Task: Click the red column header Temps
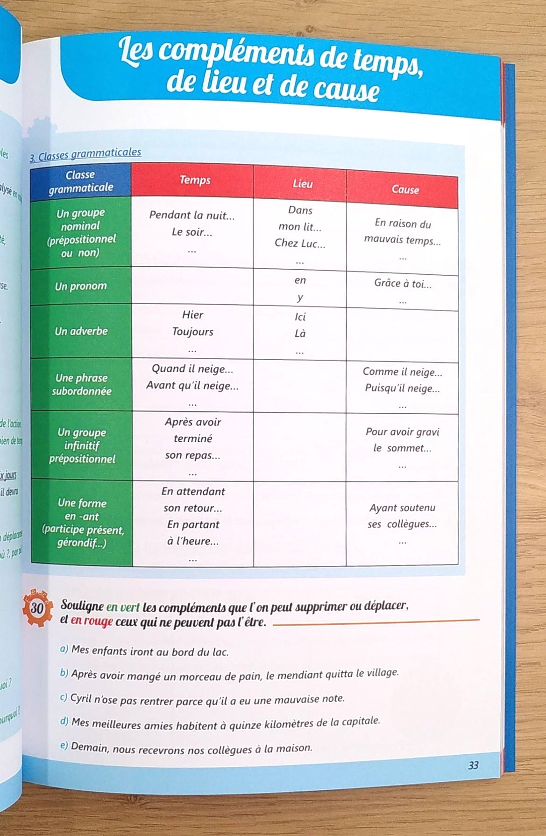click(195, 180)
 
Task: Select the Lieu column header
click(302, 184)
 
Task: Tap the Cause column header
click(405, 189)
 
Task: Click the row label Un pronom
click(81, 286)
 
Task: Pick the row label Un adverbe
click(81, 331)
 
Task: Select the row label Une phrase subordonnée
click(81, 384)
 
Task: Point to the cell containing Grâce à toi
click(403, 284)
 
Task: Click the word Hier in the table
click(192, 315)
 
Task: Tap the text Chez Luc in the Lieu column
click(300, 243)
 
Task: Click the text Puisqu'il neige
click(402, 388)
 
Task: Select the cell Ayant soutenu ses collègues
click(402, 516)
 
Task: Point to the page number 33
click(473, 766)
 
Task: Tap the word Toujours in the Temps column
click(192, 332)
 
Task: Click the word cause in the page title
click(345, 88)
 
